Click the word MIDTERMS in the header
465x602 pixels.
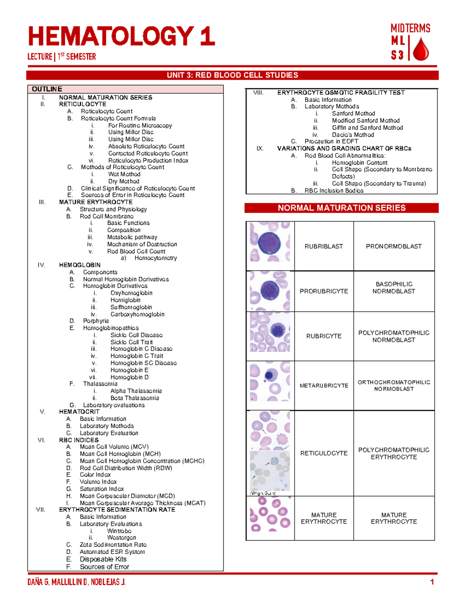pyautogui.click(x=410, y=28)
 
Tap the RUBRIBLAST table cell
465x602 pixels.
pyautogui.click(x=324, y=246)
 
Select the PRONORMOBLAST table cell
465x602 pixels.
pyautogui.click(x=394, y=246)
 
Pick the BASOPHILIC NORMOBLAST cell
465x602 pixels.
pyautogui.click(x=394, y=288)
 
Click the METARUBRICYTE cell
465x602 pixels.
pyautogui.click(x=324, y=385)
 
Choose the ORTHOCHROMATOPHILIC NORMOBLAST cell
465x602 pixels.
pyautogui.click(x=394, y=385)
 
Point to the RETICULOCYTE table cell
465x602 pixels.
pyautogui.click(x=324, y=453)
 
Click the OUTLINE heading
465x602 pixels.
pyautogui.click(x=47, y=89)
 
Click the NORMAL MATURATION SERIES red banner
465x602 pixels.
pyautogui.click(x=341, y=208)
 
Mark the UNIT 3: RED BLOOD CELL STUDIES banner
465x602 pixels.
pyautogui.click(x=232, y=75)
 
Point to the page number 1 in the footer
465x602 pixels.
pyautogui.click(x=432, y=582)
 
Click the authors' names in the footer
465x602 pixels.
pyautogui.click(x=76, y=582)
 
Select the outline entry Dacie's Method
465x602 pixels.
pyautogui.click(x=353, y=135)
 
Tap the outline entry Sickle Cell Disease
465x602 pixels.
pyautogui.click(x=136, y=335)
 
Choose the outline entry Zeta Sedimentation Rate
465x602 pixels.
pyautogui.click(x=113, y=545)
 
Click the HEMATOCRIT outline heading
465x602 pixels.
pyautogui.click(x=79, y=412)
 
